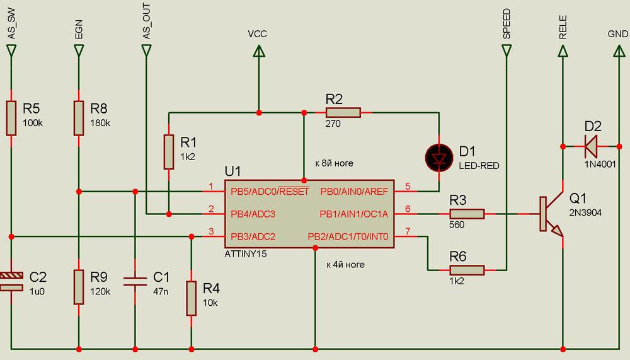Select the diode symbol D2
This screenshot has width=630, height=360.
click(592, 146)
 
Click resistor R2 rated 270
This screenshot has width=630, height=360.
click(343, 113)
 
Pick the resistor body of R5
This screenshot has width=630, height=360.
click(11, 117)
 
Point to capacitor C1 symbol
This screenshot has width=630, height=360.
click(135, 281)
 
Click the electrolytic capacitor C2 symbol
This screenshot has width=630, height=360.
click(11, 281)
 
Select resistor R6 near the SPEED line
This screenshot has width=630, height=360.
click(467, 270)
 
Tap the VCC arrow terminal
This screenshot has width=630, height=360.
click(258, 55)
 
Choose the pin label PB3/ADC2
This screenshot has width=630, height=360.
click(252, 237)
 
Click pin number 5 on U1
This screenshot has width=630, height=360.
click(408, 187)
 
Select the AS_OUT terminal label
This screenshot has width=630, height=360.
click(146, 25)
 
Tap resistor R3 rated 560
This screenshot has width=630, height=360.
click(467, 214)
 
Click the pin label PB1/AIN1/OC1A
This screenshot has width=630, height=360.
click(353, 214)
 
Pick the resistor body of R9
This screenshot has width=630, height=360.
click(78, 287)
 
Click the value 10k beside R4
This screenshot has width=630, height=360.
click(210, 303)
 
